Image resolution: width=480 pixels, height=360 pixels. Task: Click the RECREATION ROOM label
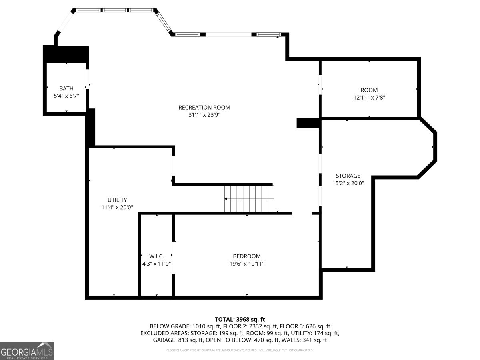coord(204,107)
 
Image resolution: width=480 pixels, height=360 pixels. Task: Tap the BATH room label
coord(66,88)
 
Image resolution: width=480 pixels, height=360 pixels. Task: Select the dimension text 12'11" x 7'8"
coord(369,98)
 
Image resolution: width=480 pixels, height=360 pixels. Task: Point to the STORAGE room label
coord(348,176)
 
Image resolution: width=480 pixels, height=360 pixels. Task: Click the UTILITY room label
coord(117,200)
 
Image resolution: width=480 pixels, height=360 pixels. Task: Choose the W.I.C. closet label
coord(156,256)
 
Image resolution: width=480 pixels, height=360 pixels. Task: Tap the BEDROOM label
coord(247,256)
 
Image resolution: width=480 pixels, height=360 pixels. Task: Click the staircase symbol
coord(249,198)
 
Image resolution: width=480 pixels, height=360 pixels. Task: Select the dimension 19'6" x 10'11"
coord(247,264)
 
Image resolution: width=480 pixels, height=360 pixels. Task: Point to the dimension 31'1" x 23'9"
coord(204,115)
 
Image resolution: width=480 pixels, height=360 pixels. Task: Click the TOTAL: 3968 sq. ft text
coord(240,319)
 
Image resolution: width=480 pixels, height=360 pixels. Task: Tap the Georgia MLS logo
coord(27,351)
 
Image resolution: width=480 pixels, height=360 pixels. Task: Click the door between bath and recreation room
coord(88,84)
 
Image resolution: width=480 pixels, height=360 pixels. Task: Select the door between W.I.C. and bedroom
coord(174,258)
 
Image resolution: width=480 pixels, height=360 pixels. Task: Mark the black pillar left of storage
coord(308,123)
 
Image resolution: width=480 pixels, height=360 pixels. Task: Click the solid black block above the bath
coord(66,54)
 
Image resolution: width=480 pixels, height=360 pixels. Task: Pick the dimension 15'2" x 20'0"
coord(348,184)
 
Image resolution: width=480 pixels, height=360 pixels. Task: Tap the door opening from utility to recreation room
coord(174,166)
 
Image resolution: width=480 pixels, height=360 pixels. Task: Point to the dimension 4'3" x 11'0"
coord(156,264)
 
